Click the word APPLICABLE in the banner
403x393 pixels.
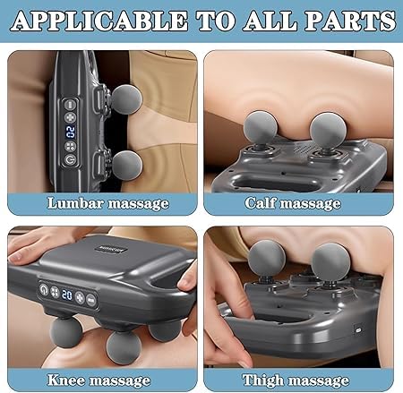pyautogui.click(x=99, y=21)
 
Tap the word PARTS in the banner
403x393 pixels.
pyautogui.click(x=350, y=21)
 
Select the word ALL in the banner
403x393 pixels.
pyautogui.click(x=270, y=21)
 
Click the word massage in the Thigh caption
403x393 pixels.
pyautogui.click(x=318, y=381)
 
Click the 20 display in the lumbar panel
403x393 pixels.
pyautogui.click(x=71, y=132)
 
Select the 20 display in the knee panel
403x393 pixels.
pyautogui.click(x=67, y=295)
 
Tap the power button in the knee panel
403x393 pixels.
pyautogui.click(x=44, y=289)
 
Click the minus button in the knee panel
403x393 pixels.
pyautogui.click(x=91, y=300)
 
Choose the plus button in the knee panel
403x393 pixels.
pyautogui.click(x=80, y=297)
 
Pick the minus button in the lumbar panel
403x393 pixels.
pyautogui.click(x=71, y=105)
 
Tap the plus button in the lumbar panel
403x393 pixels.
pyautogui.click(x=71, y=117)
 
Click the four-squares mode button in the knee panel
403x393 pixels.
pyautogui.click(x=55, y=292)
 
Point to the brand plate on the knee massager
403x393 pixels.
pyautogui.click(x=111, y=249)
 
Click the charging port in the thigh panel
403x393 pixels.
pyautogui.click(x=357, y=330)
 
